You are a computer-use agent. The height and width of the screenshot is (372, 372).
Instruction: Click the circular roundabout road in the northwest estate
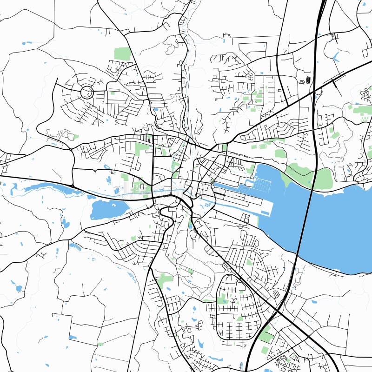pos(86,92)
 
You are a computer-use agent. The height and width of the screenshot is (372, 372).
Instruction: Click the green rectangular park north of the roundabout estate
pos(123,53)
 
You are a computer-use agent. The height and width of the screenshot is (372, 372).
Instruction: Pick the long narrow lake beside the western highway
pos(46,187)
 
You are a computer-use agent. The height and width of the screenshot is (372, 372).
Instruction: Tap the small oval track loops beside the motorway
pos(307,80)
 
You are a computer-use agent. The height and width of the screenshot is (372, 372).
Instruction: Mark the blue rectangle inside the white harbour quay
pos(266,213)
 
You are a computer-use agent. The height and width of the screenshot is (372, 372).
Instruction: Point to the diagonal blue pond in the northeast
pos(336,57)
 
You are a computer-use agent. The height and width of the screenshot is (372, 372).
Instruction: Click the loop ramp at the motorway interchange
pos(319,91)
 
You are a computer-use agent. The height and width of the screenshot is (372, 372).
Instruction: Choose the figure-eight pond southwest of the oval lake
pos(66,224)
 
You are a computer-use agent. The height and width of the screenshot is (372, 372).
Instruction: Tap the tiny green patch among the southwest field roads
pos(100,344)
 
